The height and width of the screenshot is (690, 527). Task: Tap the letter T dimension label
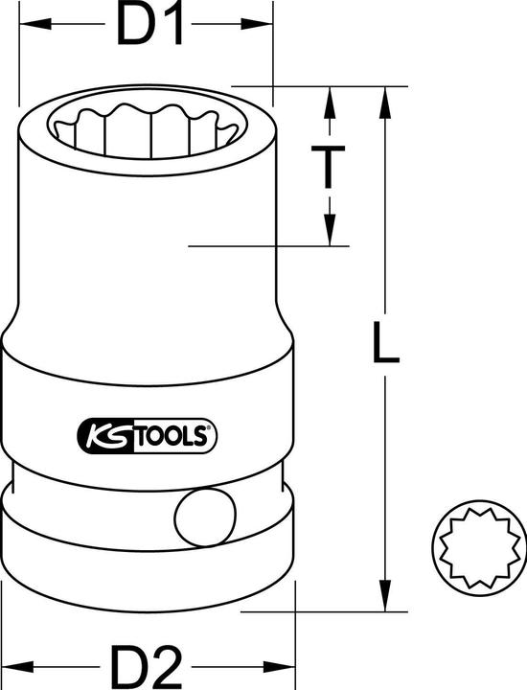[x=329, y=165]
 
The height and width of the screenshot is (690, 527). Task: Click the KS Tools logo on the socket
[x=145, y=436]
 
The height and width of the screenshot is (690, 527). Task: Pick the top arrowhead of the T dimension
[x=329, y=97]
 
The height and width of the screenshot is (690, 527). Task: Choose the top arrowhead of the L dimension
[x=385, y=97]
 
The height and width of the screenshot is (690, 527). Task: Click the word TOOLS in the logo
[x=172, y=437]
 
